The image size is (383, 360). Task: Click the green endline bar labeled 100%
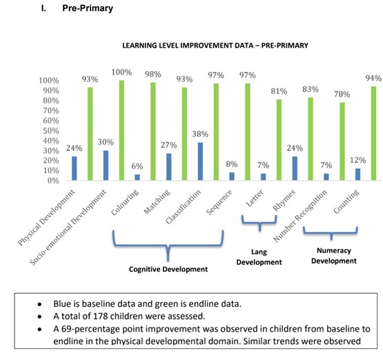121,130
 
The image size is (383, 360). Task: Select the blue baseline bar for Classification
200,161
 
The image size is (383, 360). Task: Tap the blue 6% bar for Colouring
137,177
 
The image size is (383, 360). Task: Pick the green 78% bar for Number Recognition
342,141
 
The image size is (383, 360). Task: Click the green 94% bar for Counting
373,133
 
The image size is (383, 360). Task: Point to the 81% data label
279,91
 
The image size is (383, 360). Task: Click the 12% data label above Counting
358,160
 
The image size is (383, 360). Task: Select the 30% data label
106,142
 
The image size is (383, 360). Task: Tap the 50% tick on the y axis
51,131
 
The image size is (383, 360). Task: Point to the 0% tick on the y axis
53,181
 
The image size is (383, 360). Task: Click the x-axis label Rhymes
284,200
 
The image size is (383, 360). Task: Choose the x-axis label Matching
157,202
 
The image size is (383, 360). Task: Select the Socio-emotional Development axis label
68,227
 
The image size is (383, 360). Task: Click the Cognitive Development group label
168,269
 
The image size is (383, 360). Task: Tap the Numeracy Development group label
334,256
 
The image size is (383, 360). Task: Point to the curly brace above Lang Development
259,223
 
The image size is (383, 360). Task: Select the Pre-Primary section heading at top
88,8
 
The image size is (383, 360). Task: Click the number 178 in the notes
100,317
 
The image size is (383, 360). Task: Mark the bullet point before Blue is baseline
39,304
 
